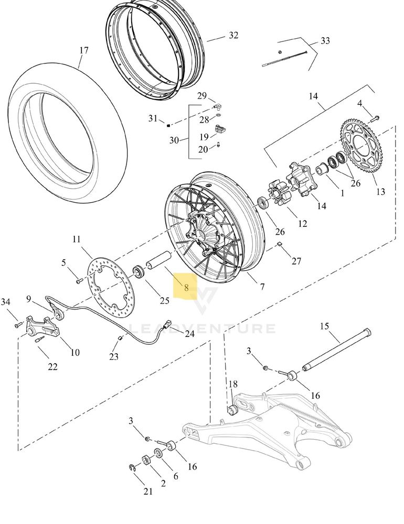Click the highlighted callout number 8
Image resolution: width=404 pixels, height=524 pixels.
186,287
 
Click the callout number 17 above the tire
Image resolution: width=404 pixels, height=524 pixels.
84,50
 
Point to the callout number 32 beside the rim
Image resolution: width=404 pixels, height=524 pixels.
233,35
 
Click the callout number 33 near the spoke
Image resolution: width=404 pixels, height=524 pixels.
325,40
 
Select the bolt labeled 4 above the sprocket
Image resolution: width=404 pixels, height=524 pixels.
376,118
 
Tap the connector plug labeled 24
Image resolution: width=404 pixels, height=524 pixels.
167,324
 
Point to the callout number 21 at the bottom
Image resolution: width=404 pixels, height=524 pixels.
148,491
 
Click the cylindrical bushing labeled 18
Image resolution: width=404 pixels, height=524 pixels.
232,410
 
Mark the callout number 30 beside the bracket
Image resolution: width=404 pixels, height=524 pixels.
174,140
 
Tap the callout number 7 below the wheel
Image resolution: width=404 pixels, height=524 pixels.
262,287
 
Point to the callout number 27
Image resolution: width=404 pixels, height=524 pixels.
296,261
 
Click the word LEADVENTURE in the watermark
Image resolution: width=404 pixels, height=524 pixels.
202,329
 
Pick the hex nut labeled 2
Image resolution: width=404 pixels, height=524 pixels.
146,460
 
